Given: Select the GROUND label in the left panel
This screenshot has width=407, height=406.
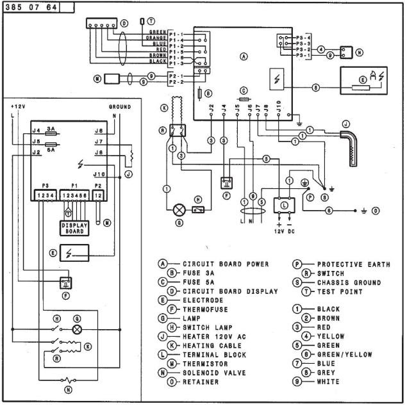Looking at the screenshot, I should pos(120,106).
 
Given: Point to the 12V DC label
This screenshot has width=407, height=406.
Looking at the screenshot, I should pos(283,231).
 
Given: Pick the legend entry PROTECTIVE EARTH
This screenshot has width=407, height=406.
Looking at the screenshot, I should pos(353,264).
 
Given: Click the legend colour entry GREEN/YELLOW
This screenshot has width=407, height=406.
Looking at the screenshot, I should pos(343,354).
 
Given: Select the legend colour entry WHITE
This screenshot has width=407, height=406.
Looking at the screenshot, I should pos(329,382).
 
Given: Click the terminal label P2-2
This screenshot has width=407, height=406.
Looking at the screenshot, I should pos(176,83).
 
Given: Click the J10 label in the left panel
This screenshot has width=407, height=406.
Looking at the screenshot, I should pos(99,174).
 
